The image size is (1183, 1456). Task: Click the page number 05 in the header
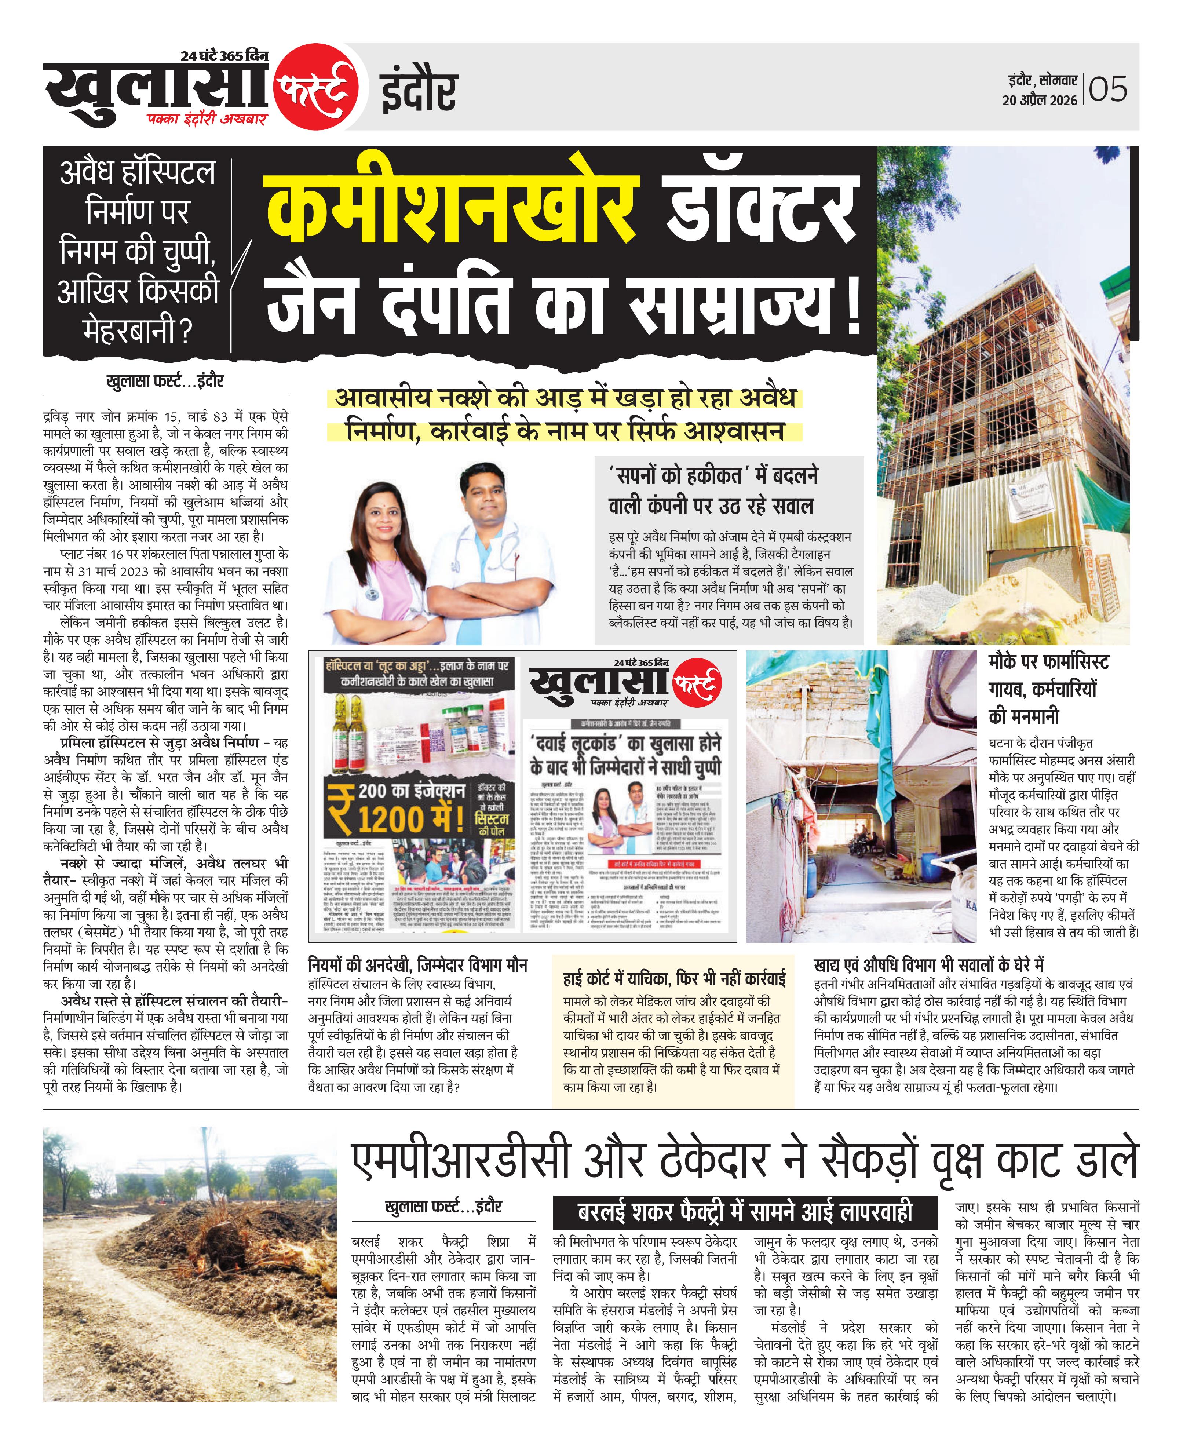click(1108, 89)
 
